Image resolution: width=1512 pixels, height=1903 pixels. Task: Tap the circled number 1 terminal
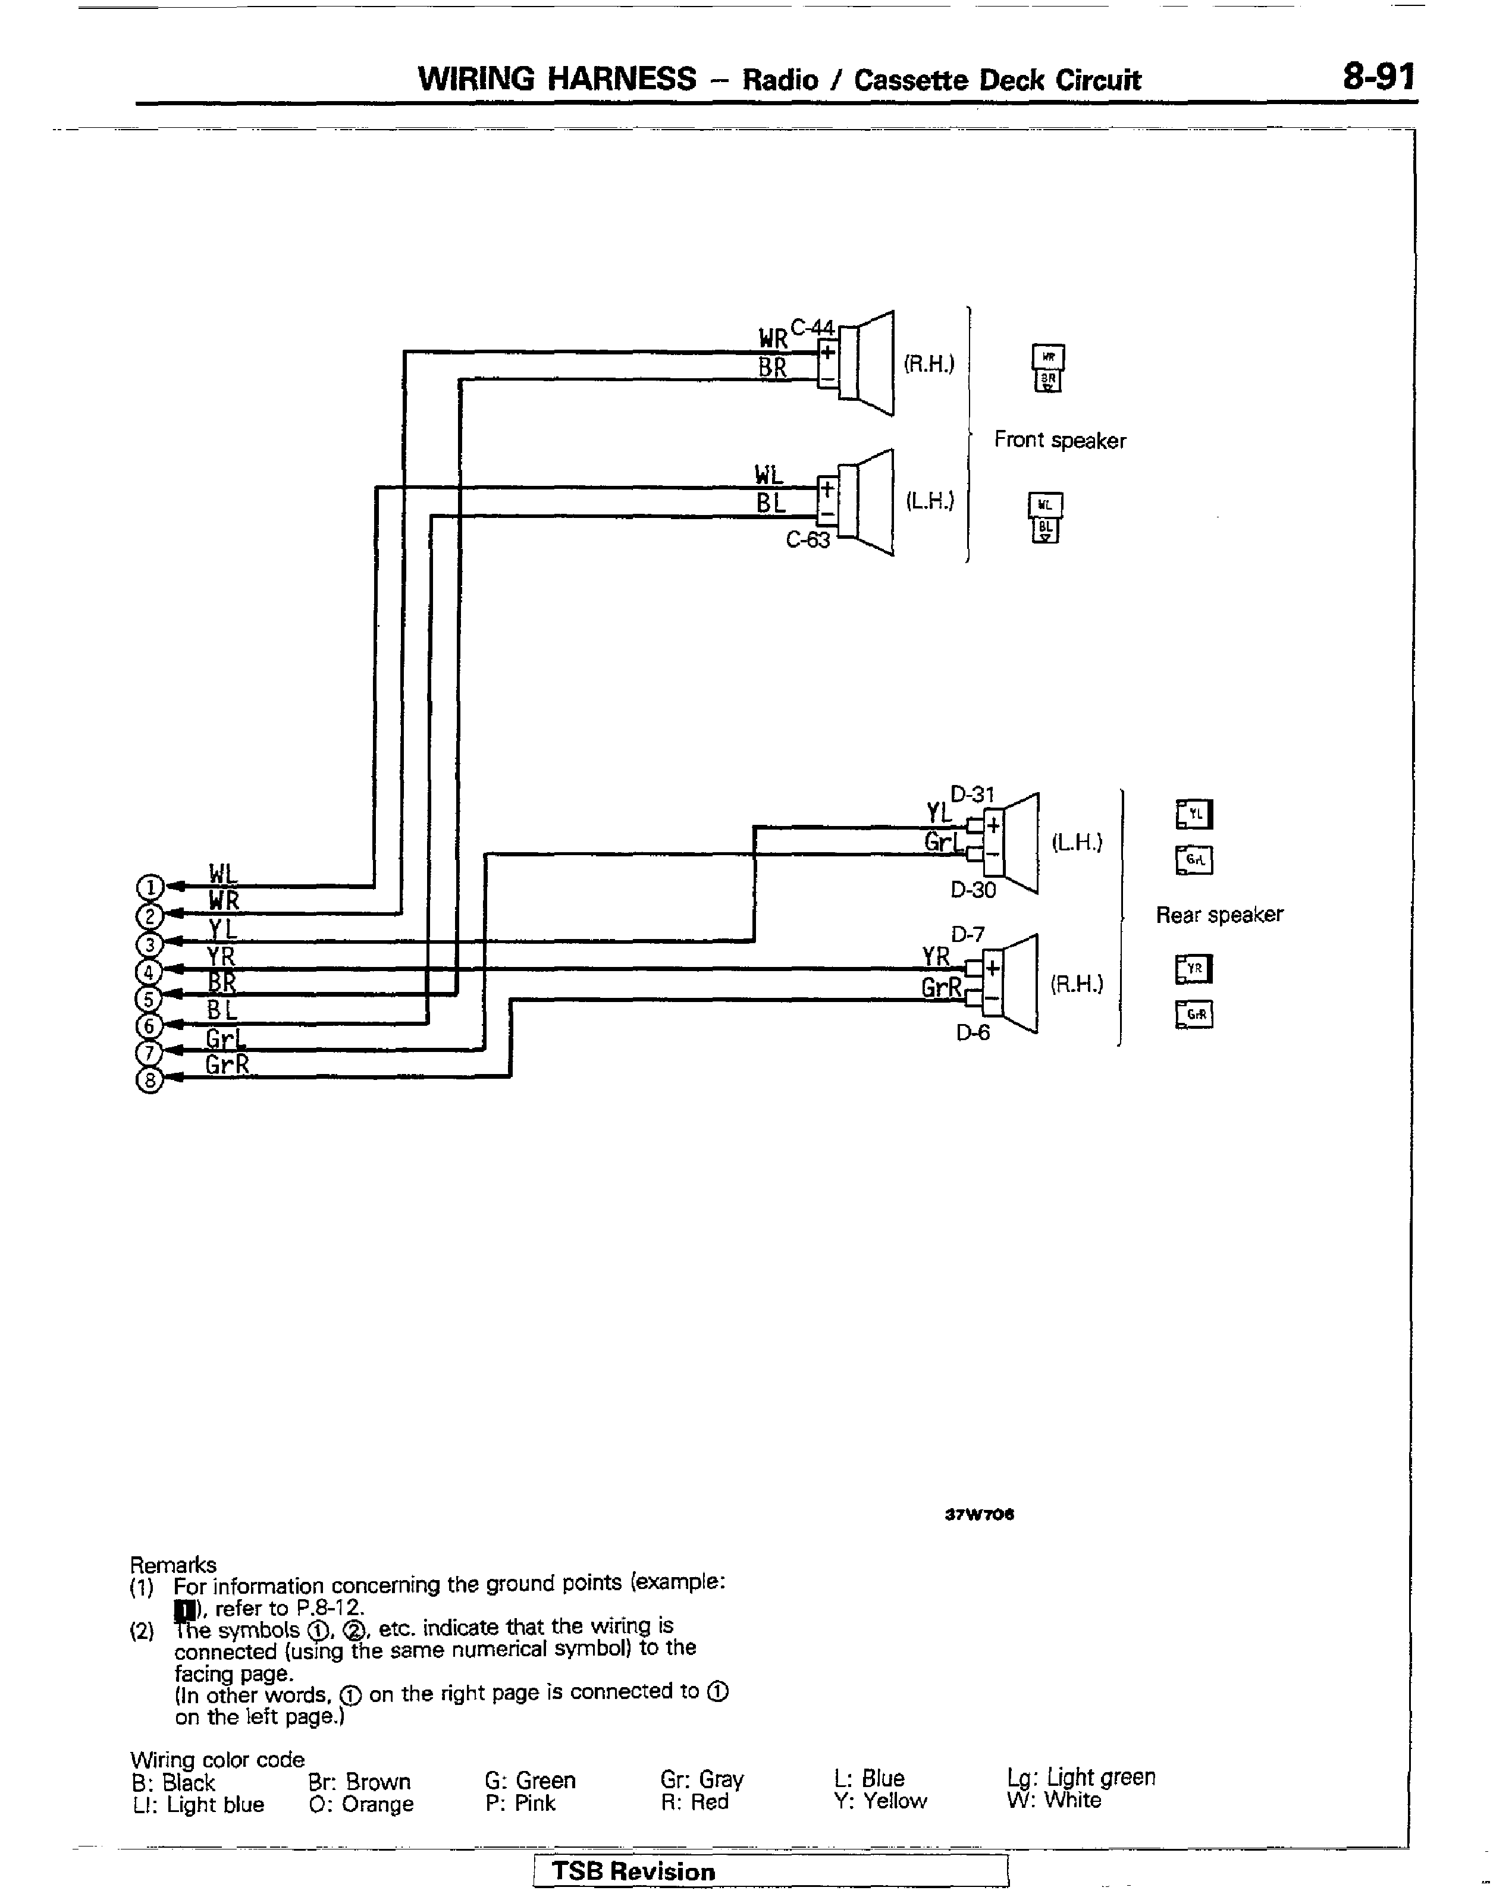(150, 886)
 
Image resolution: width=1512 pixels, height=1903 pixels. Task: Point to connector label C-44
(812, 328)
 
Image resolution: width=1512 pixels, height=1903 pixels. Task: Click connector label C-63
(808, 539)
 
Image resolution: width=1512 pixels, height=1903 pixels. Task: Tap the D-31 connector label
(972, 795)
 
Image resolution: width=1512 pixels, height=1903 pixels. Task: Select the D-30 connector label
(973, 890)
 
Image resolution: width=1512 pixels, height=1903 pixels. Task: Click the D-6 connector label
(973, 1031)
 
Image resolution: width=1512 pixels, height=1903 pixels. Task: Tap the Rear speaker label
(1219, 915)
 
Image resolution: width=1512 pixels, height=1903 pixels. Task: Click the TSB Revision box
(770, 1870)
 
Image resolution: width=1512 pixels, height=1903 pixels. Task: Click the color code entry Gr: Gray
(702, 1779)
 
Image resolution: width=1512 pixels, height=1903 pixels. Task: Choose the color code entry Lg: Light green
(1080, 1777)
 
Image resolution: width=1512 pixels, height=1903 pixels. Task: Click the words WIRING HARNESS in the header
(557, 80)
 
